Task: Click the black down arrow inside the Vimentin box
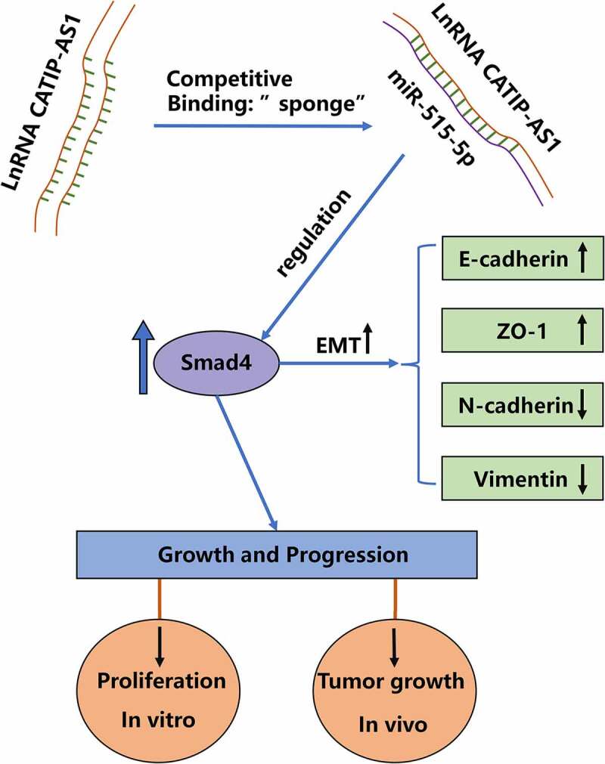582,478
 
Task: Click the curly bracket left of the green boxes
418,367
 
